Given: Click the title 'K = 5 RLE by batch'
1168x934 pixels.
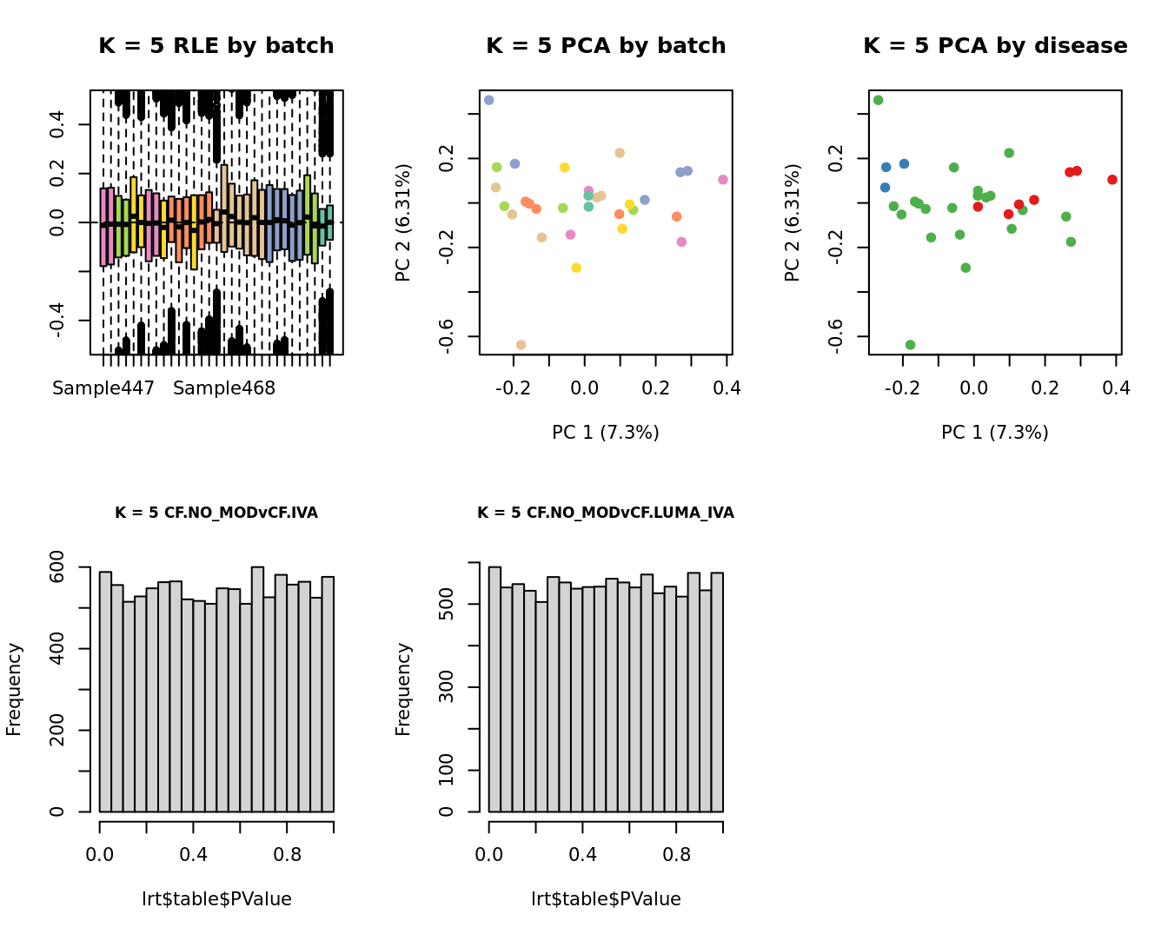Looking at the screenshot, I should pyautogui.click(x=216, y=46).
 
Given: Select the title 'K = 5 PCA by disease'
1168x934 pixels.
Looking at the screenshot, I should pyautogui.click(x=995, y=46).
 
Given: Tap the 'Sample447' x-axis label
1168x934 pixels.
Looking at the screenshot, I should pyautogui.click(x=103, y=388).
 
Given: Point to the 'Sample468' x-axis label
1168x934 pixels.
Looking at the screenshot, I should pyautogui.click(x=224, y=388).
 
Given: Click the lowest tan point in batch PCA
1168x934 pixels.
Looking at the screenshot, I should pyautogui.click(x=521, y=345).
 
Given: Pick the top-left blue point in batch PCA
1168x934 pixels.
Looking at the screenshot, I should pyautogui.click(x=489, y=101).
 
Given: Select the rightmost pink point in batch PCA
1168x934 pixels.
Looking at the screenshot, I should pyautogui.click(x=723, y=180).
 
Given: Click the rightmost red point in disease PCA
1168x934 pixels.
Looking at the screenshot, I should pyautogui.click(x=1112, y=180).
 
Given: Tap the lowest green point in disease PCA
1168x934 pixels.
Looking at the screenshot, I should pyautogui.click(x=910, y=345).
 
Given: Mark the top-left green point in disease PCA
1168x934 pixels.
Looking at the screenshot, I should pyautogui.click(x=879, y=101).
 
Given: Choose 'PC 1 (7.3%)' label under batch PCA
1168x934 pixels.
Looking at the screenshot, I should pyautogui.click(x=606, y=432).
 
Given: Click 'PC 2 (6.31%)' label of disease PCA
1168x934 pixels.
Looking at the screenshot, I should pyautogui.click(x=792, y=222).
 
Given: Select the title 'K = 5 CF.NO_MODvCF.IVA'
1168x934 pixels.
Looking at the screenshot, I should pyautogui.click(x=216, y=513).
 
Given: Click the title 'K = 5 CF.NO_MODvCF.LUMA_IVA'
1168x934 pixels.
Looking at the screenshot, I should pyautogui.click(x=606, y=513).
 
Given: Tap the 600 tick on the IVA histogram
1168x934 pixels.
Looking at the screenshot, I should pyautogui.click(x=57, y=567).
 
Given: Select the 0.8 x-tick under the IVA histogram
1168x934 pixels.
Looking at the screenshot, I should pyautogui.click(x=288, y=855).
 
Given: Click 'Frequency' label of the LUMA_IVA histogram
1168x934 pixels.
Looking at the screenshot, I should pyautogui.click(x=403, y=689).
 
